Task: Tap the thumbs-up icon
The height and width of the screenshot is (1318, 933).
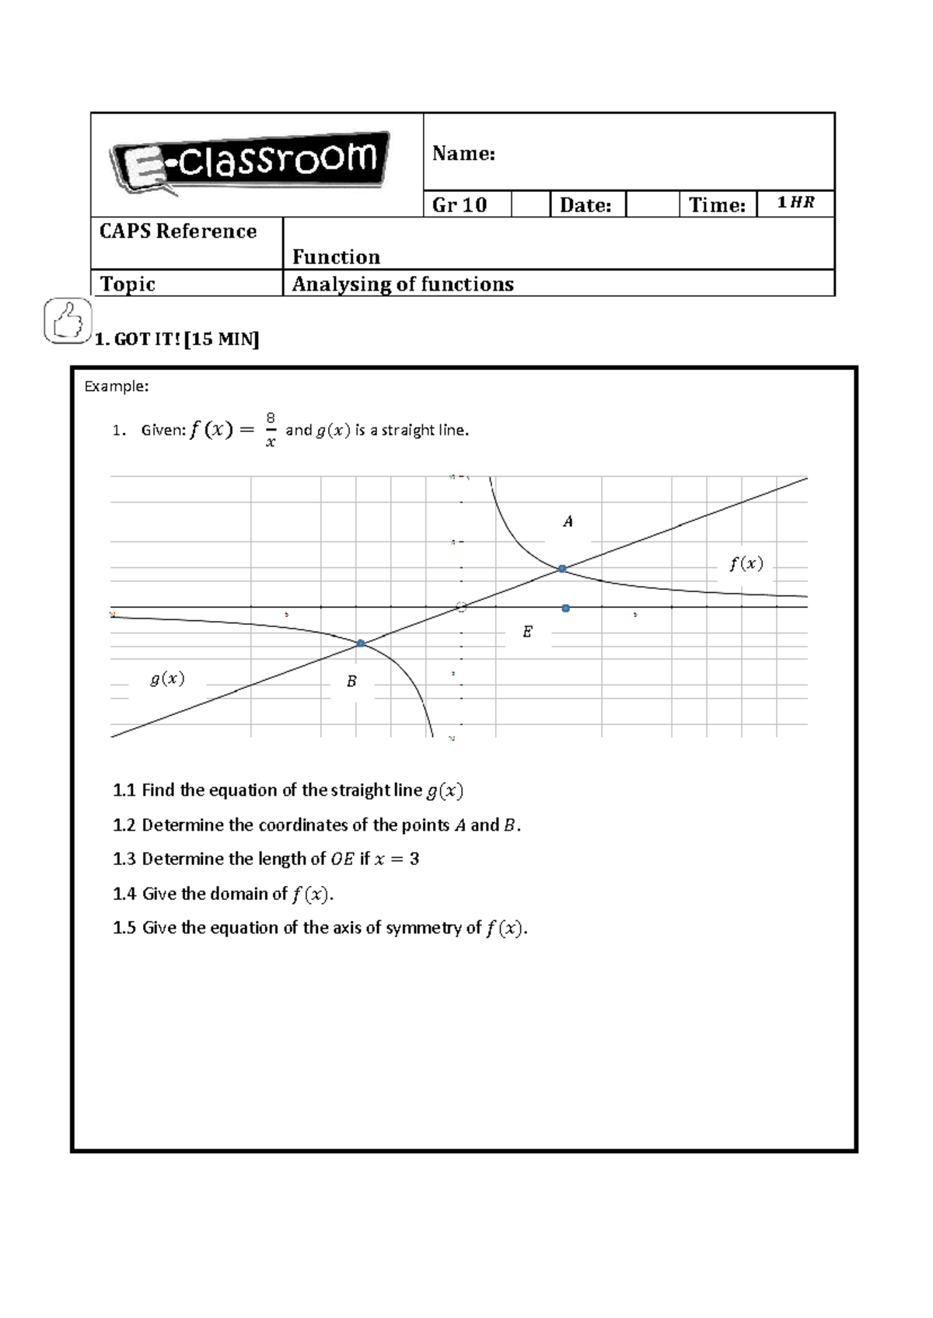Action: (x=67, y=321)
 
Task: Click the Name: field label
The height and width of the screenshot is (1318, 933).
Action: (x=463, y=154)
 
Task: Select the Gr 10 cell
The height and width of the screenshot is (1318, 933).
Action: (x=460, y=205)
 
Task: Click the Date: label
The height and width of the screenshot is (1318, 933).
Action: (x=585, y=205)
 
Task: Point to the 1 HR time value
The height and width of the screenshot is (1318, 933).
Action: (x=795, y=204)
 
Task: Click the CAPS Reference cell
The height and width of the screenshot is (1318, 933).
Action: (x=178, y=232)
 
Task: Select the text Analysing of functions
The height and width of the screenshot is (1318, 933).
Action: (x=403, y=284)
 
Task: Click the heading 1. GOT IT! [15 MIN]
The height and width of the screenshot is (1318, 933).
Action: (x=176, y=340)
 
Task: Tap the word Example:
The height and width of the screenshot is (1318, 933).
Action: (x=116, y=386)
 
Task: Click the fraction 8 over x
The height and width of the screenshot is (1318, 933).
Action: (x=271, y=430)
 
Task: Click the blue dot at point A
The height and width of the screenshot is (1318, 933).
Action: (x=562, y=569)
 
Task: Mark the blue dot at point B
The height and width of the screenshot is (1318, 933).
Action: (x=360, y=643)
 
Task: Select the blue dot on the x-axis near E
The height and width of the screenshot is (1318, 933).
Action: (x=566, y=608)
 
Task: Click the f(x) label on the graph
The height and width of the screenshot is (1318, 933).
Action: (x=746, y=564)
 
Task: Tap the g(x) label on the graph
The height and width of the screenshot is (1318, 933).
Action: (x=167, y=678)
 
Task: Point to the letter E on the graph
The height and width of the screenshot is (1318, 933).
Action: (x=527, y=632)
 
